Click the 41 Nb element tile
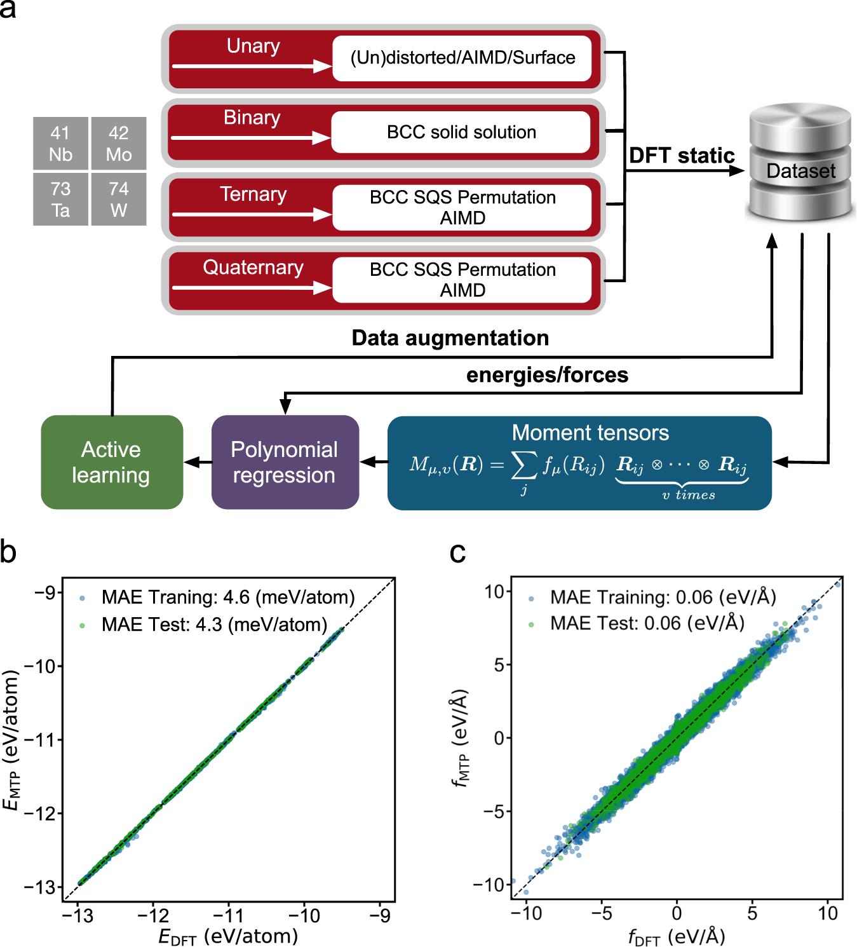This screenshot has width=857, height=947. click(x=60, y=144)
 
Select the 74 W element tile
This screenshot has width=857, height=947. click(x=119, y=200)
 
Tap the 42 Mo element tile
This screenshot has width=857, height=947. click(x=119, y=144)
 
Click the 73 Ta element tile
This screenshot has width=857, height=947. click(x=60, y=200)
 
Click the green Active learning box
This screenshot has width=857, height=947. click(x=112, y=462)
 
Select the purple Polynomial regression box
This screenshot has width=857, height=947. click(x=285, y=462)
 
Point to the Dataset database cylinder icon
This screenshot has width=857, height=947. click(x=800, y=163)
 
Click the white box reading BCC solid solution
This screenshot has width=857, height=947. click(x=461, y=132)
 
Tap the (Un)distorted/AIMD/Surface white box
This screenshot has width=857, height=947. click(x=462, y=58)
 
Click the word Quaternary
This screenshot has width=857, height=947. click(x=253, y=268)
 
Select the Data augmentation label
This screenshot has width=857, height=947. click(x=450, y=338)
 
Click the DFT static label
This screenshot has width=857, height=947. click(x=681, y=156)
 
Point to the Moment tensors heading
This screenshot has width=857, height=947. click(x=590, y=433)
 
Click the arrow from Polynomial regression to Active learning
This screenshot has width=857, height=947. click(x=198, y=463)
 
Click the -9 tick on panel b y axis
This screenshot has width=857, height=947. click(x=44, y=593)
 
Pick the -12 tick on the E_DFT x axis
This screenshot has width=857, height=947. click(x=153, y=916)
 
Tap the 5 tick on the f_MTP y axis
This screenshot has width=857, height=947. click(x=499, y=665)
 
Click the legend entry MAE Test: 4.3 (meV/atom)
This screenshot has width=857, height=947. click(x=214, y=625)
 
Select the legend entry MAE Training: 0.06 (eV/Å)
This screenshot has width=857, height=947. click(x=663, y=597)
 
